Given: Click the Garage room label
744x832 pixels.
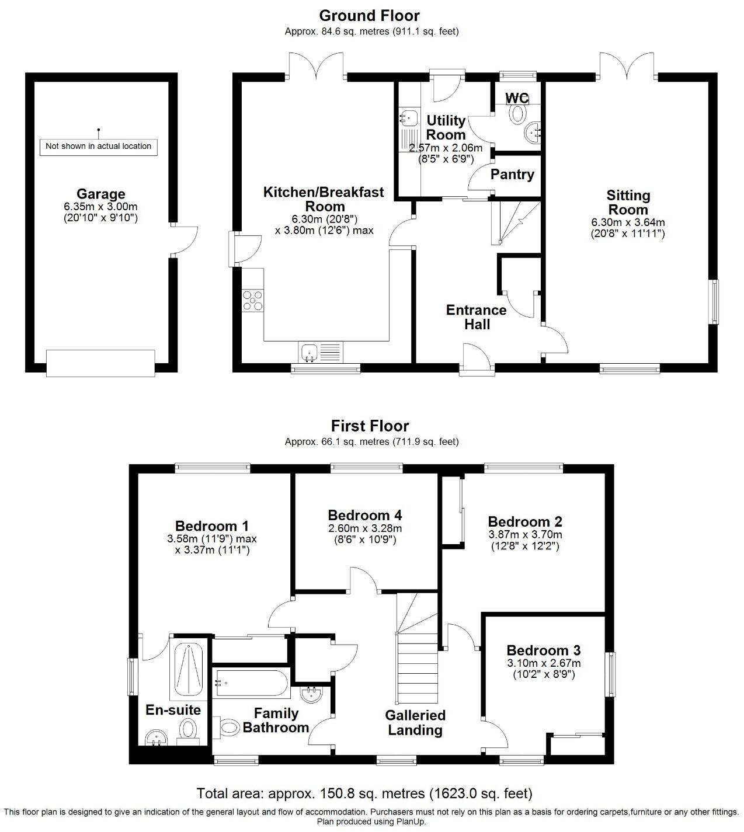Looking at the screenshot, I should point(100,194).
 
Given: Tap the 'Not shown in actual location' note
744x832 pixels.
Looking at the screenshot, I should point(98,146).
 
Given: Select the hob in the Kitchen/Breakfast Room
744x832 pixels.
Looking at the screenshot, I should point(253,300).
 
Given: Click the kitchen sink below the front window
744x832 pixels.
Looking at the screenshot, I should point(308,352).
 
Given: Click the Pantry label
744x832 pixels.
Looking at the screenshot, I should point(512,175).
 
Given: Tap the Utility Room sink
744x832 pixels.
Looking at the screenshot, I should point(409,117).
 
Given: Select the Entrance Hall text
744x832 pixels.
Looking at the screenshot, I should point(477,317).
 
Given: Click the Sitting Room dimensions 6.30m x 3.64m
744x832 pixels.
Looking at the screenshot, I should point(628,222).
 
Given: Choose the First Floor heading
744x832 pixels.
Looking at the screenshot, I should point(370,426).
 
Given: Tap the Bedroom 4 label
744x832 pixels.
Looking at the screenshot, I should point(364,515).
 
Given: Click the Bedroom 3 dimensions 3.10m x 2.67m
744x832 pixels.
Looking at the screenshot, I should point(543,663).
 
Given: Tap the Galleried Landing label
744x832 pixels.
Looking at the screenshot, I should point(415,723).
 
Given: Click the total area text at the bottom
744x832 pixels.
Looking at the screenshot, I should point(364,793).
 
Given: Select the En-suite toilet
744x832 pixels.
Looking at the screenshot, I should point(187,730).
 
